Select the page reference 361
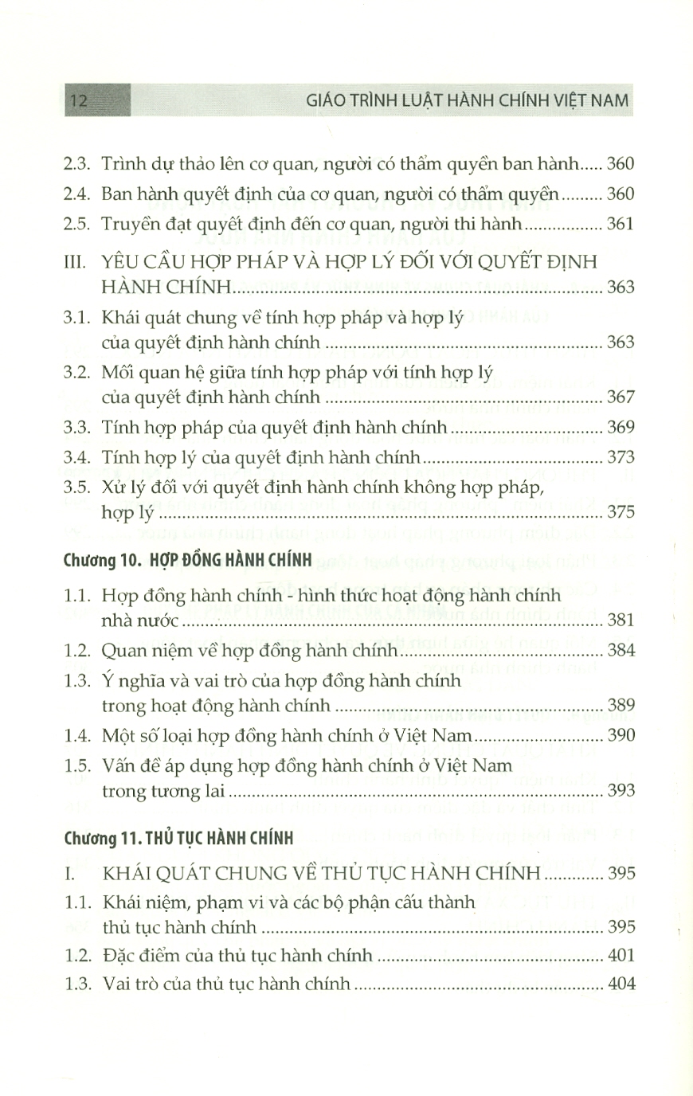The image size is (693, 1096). [x=621, y=225]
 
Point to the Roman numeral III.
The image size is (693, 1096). [x=74, y=263]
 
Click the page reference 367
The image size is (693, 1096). [x=621, y=396]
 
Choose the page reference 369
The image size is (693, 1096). [x=621, y=427]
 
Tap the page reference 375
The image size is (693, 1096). [x=621, y=512]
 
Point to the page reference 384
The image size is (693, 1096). [x=621, y=651]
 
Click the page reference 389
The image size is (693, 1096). [x=621, y=705]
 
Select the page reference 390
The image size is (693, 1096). [x=621, y=734]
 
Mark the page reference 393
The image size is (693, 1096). [x=621, y=790]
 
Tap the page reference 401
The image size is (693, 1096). [x=621, y=955]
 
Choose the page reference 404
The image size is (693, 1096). [x=621, y=984]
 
